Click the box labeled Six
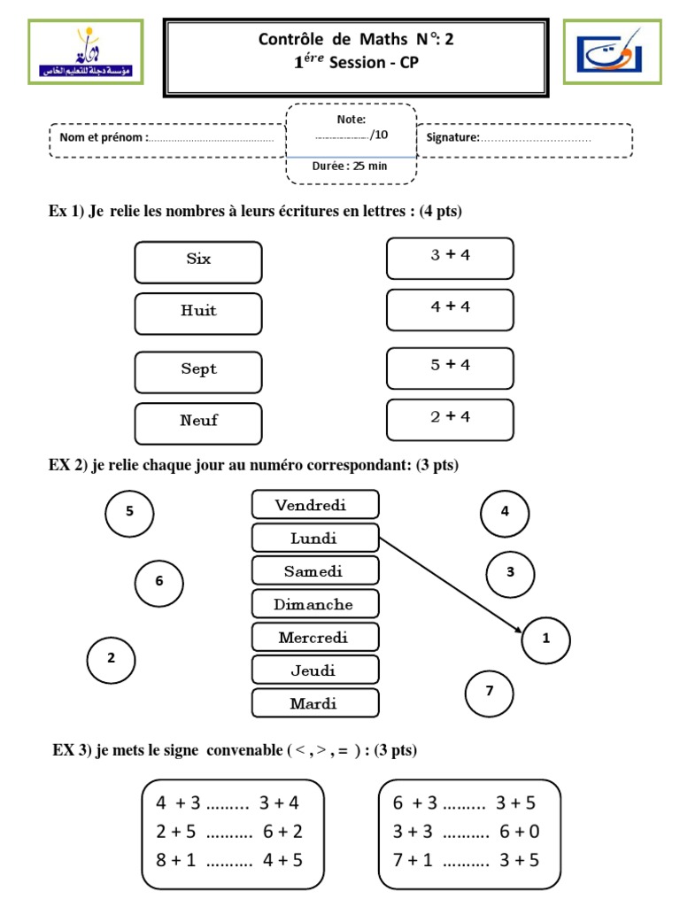tap(198, 262)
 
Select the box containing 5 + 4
tap(450, 368)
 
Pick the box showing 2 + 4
tap(450, 419)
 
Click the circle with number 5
tap(129, 511)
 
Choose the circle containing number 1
tap(546, 638)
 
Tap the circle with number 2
tap(111, 658)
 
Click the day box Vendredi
tap(315, 505)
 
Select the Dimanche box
tap(315, 605)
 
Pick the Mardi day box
tap(315, 704)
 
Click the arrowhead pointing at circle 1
tap(516, 630)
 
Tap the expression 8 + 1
tap(174, 859)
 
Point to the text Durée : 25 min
tap(351, 166)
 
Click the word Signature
tap(452, 137)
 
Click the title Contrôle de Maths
tap(359, 39)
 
